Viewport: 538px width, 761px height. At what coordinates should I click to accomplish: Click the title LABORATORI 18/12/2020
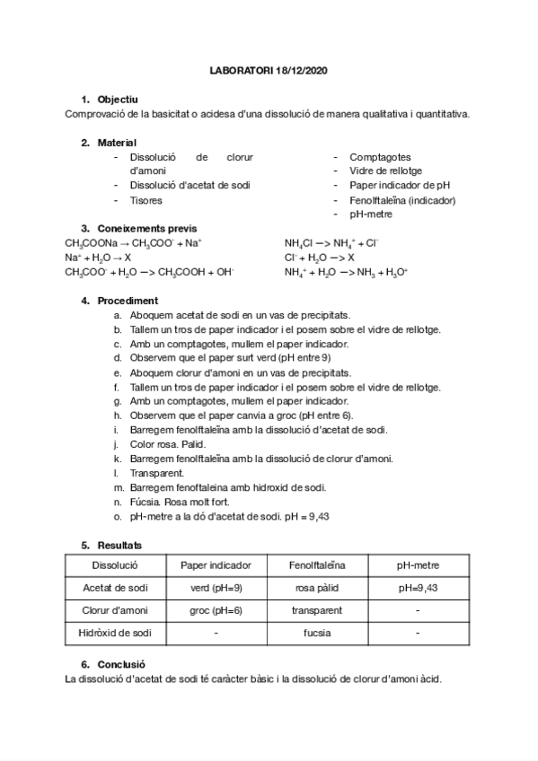click(269, 70)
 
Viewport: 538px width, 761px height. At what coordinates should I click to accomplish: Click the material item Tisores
click(146, 200)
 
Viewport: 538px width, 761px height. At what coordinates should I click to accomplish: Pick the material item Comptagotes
click(380, 156)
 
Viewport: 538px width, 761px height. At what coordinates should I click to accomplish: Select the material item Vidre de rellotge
click(385, 171)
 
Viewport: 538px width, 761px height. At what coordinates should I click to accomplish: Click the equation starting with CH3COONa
click(133, 242)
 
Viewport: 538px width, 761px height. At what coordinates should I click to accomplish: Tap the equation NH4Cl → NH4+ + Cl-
click(331, 242)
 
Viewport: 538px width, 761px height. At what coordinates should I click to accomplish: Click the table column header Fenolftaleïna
click(316, 565)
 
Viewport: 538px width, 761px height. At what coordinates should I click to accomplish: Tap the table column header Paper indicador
click(216, 565)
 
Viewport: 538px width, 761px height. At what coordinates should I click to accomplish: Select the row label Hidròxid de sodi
click(115, 633)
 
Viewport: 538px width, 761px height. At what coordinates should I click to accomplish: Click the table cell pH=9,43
click(418, 588)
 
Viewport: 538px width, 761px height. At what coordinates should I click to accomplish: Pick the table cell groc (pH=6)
click(216, 610)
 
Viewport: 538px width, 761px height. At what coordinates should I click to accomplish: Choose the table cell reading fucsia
click(316, 633)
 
